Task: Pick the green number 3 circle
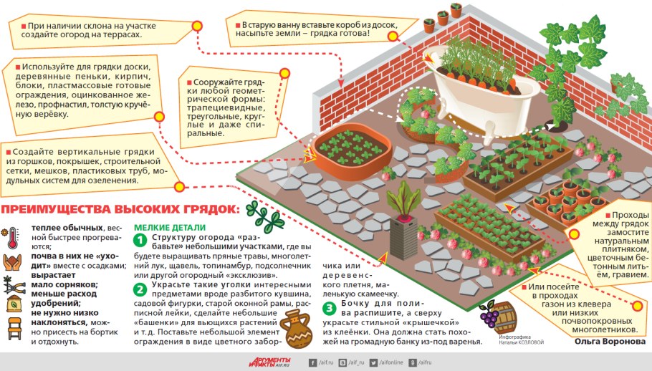[x=329, y=308]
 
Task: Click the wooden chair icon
[x=14, y=329]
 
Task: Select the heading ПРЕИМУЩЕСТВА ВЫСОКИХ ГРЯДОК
[x=120, y=209]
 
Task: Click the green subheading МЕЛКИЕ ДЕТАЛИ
[x=170, y=228]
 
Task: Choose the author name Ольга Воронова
[x=610, y=341]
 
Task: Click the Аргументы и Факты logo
[x=269, y=362]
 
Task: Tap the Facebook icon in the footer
[x=312, y=362]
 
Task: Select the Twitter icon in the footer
[x=373, y=362]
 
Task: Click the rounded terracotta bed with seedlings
[x=353, y=151]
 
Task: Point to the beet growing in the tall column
[x=403, y=202]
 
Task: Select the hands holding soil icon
[x=12, y=262]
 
